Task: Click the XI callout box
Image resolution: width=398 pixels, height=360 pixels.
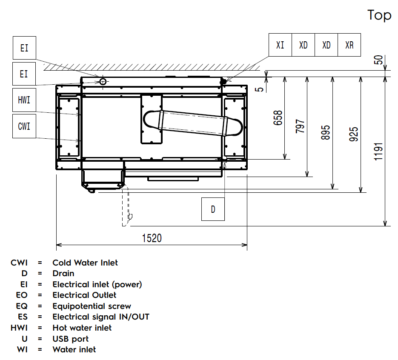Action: click(x=280, y=45)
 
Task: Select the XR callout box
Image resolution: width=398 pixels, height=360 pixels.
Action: click(x=349, y=45)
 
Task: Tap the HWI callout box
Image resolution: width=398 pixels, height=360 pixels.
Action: click(x=24, y=100)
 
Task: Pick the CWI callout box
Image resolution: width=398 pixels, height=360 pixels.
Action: click(x=24, y=126)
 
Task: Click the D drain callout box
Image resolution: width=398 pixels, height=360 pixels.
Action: click(x=213, y=209)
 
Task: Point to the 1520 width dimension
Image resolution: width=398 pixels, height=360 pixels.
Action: click(x=152, y=238)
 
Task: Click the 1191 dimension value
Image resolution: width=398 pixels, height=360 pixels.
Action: click(x=379, y=151)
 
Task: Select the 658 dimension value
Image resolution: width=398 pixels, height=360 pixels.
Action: click(x=278, y=118)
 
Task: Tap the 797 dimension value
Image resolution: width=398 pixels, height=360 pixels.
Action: click(x=300, y=126)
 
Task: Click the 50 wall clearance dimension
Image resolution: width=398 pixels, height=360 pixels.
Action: click(x=378, y=60)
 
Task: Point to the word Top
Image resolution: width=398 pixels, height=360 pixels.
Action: click(x=379, y=15)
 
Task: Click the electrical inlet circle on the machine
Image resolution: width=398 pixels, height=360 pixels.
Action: click(x=103, y=81)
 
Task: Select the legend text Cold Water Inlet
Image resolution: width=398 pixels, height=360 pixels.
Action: click(x=85, y=263)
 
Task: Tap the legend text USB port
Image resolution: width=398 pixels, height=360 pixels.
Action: click(x=71, y=339)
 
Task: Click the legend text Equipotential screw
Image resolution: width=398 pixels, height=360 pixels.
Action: click(x=92, y=306)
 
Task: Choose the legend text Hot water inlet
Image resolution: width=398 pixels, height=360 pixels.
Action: click(x=82, y=328)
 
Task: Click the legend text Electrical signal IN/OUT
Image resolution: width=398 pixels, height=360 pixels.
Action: click(x=101, y=317)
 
